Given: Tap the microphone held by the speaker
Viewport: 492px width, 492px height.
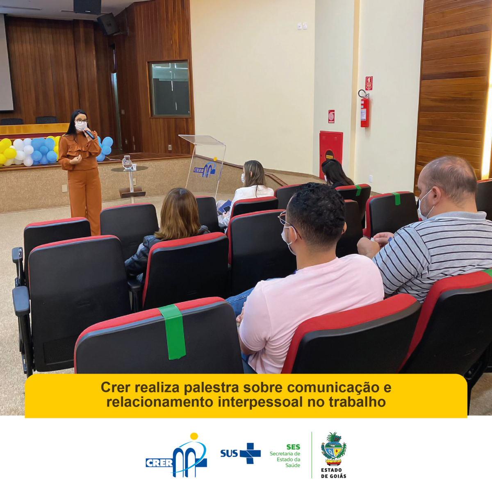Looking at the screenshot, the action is (x=89, y=134).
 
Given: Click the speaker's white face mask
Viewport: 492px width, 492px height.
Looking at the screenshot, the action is (x=81, y=126).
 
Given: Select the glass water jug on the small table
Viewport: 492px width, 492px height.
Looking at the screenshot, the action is (x=126, y=163).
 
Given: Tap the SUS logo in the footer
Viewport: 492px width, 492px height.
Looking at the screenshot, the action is (x=241, y=453).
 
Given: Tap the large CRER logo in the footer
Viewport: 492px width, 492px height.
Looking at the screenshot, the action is (x=176, y=455).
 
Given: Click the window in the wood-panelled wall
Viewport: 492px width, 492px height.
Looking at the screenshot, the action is (x=170, y=89).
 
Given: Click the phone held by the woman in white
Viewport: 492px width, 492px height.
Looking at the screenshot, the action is (x=226, y=209).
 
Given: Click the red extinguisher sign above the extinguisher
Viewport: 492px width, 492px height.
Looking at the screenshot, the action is (x=369, y=83).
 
